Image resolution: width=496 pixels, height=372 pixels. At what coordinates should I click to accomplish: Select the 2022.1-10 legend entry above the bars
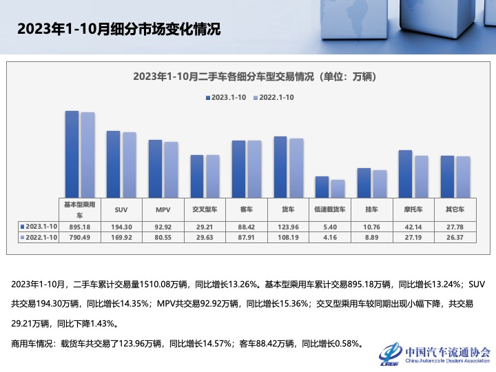(274, 98)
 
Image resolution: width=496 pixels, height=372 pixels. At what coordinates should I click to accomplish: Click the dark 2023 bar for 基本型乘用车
(71, 153)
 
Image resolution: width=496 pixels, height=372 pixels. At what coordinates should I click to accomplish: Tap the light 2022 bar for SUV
(130, 164)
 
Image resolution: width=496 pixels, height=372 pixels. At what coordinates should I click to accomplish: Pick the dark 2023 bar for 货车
(280, 166)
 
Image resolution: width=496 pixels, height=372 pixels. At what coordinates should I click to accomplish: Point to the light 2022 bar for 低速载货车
(338, 188)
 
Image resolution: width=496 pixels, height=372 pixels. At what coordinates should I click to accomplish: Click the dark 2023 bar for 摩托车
(405, 173)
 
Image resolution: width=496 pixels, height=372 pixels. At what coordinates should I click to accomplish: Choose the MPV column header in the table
(163, 209)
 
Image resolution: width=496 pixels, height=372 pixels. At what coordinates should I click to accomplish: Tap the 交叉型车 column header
(205, 209)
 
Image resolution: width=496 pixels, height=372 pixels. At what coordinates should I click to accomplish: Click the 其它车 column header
(455, 209)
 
